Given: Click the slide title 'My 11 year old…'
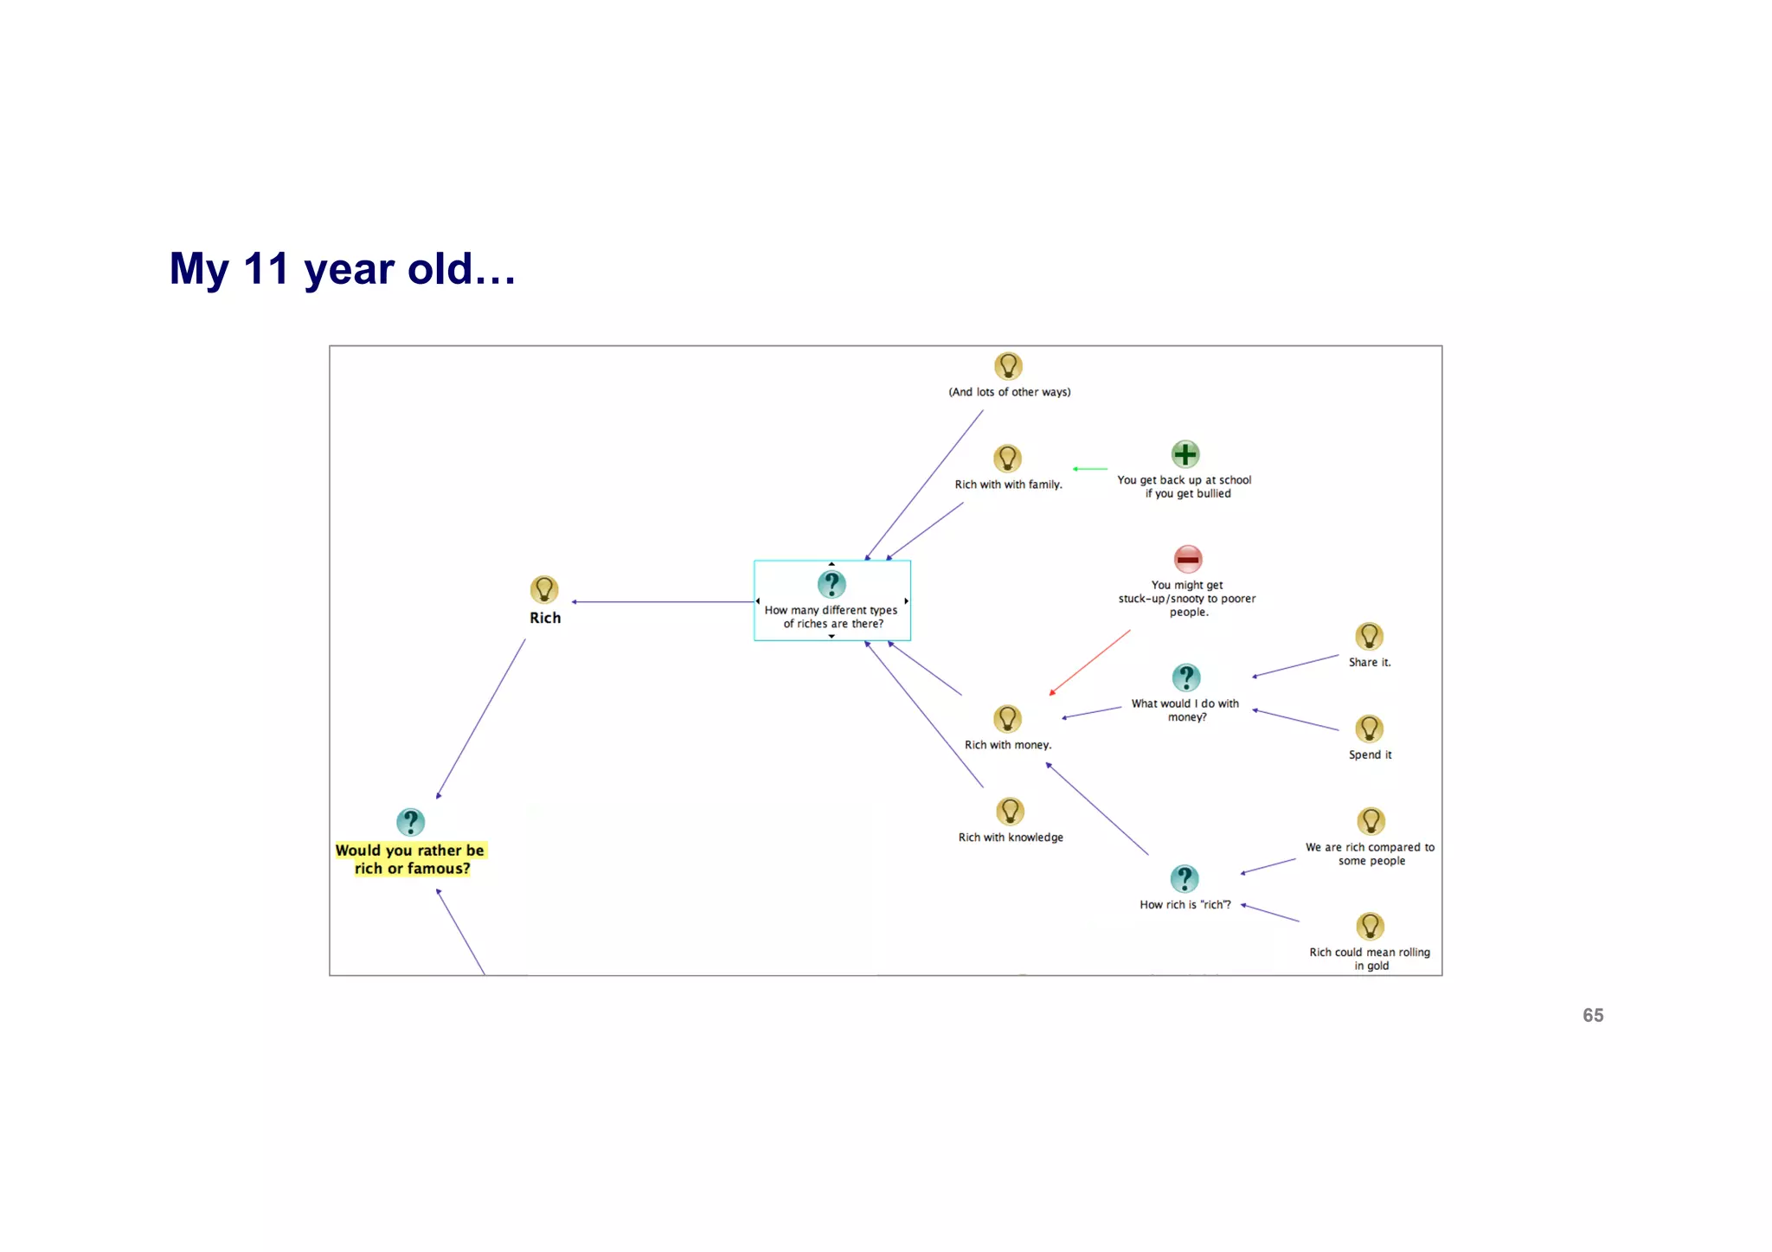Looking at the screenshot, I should coord(343,269).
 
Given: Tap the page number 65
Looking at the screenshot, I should coord(1592,1015).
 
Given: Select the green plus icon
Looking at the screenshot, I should coord(1185,454).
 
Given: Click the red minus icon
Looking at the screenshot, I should coord(1187,559).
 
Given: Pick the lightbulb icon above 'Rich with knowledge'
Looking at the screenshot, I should coord(1010,812).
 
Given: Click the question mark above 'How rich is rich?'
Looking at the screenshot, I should coord(1184,879).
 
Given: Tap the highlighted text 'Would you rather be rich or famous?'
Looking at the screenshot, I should coord(411,859).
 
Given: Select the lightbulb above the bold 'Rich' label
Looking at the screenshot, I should coord(544,590).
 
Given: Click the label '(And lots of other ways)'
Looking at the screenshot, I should coord(1009,392).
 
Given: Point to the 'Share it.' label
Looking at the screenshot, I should coord(1369,662).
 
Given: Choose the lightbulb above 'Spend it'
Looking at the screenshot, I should coord(1369,729).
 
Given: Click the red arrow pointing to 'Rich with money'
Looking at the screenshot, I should coord(1090,662).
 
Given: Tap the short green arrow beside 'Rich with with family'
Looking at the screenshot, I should coord(1090,469).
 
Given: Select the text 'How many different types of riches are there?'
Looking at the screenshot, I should coord(831,617).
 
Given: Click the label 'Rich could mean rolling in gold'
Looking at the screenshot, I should coord(1369,959).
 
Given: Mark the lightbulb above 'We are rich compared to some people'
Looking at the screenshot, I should coord(1371,821).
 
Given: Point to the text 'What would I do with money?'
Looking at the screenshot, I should coord(1185,710).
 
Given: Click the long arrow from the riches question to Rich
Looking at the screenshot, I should coord(663,601).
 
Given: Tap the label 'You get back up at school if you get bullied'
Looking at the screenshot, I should coord(1185,486).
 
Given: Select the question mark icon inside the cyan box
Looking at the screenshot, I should coord(831,584).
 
